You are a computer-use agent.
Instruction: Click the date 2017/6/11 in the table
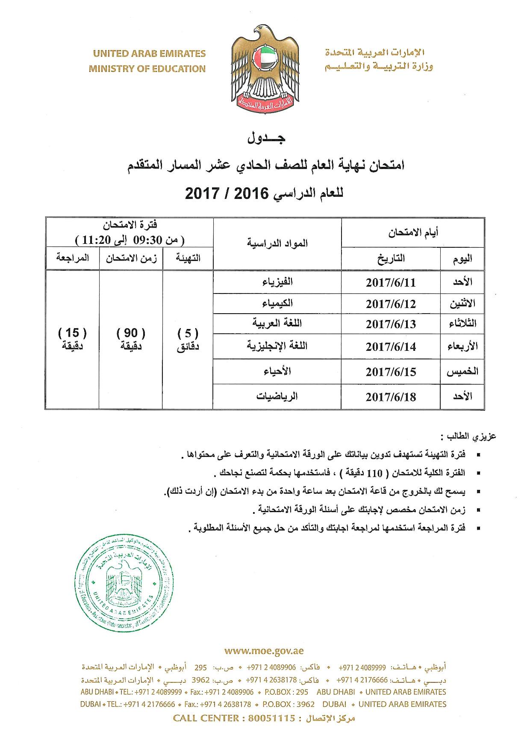[x=390, y=283]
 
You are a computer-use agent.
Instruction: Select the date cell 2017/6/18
[x=390, y=397]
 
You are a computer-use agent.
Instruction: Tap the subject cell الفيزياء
[x=277, y=282]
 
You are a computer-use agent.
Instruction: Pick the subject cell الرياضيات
[x=277, y=396]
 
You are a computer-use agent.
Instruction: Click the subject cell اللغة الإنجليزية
[x=277, y=346]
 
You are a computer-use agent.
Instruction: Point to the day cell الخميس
[x=462, y=371]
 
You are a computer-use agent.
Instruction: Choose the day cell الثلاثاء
[x=462, y=323]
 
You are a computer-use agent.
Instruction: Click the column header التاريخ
[x=391, y=258]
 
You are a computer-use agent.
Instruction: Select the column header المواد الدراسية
[x=277, y=243]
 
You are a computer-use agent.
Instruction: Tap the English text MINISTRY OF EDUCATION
[x=147, y=68]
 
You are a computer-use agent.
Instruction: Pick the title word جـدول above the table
[x=265, y=138]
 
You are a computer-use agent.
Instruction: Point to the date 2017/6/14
[x=390, y=346]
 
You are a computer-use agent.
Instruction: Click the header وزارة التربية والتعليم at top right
[x=379, y=67]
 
